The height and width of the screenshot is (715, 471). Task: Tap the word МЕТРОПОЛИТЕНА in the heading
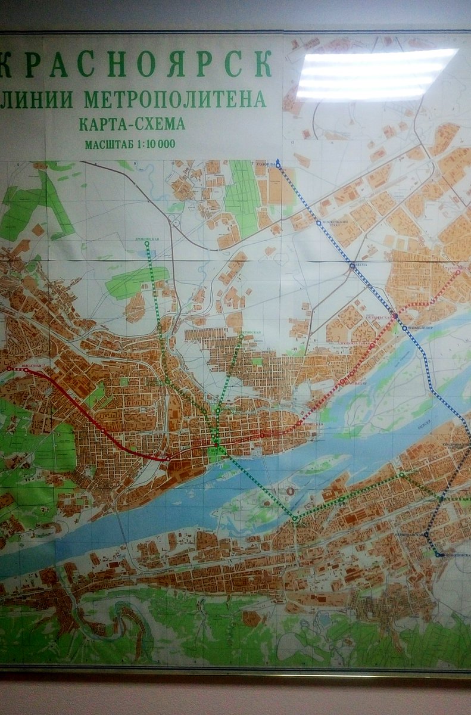click(x=174, y=98)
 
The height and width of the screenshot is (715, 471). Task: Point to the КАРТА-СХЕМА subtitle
click(x=132, y=125)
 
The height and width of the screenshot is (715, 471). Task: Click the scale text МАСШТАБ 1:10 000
click(x=130, y=144)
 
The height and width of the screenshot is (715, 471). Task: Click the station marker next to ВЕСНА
click(x=352, y=266)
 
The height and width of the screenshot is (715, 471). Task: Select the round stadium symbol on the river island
click(x=291, y=491)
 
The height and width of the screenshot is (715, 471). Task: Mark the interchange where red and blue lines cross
click(x=394, y=315)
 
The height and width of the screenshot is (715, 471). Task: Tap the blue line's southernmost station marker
click(x=438, y=555)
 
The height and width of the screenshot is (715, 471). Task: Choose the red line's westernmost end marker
click(x=9, y=369)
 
